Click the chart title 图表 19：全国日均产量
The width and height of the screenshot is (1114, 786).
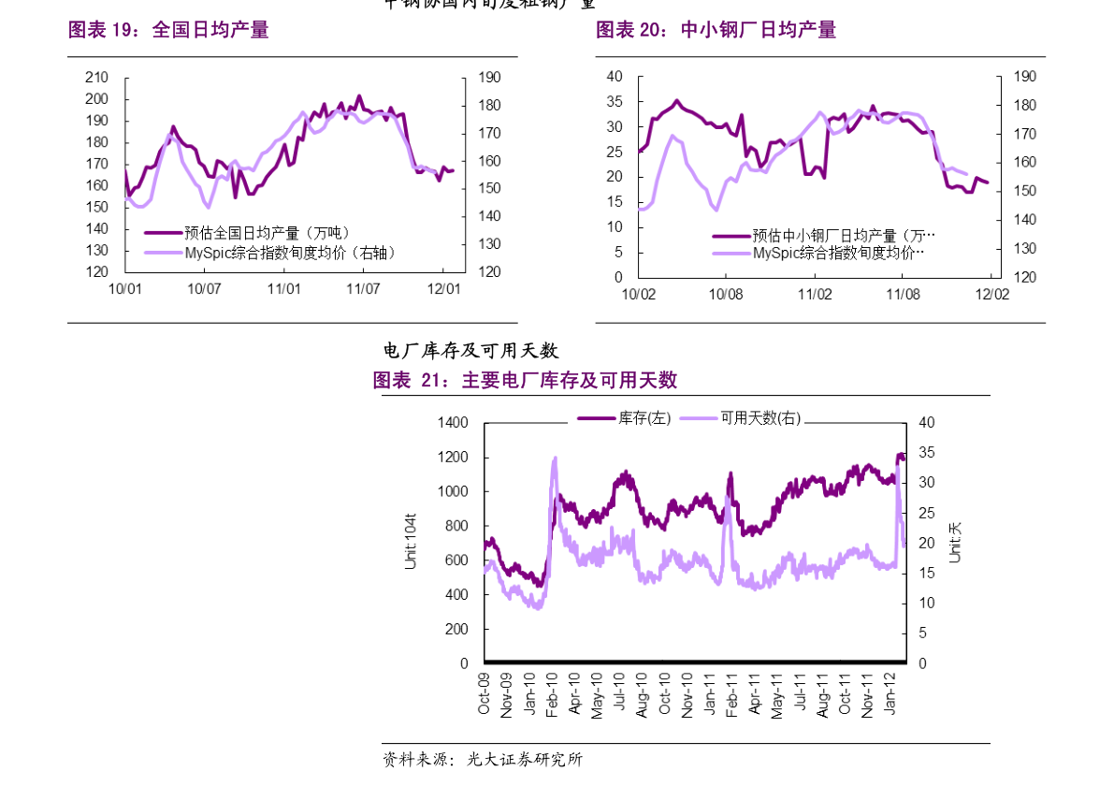point(168,30)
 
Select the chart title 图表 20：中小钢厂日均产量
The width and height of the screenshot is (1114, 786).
point(716,30)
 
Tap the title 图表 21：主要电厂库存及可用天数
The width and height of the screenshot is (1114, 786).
point(524,380)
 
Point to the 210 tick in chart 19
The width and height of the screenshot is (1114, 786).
point(96,78)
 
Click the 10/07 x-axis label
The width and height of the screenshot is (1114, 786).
point(204,288)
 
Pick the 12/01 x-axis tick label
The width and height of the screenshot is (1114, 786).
point(444,288)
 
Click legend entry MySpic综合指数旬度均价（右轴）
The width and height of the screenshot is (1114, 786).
point(266,252)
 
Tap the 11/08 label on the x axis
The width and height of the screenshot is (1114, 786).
point(903,294)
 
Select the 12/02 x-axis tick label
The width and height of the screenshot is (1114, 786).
point(992,294)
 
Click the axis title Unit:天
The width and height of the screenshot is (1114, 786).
point(954,542)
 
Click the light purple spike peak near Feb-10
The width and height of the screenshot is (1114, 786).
point(555,458)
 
